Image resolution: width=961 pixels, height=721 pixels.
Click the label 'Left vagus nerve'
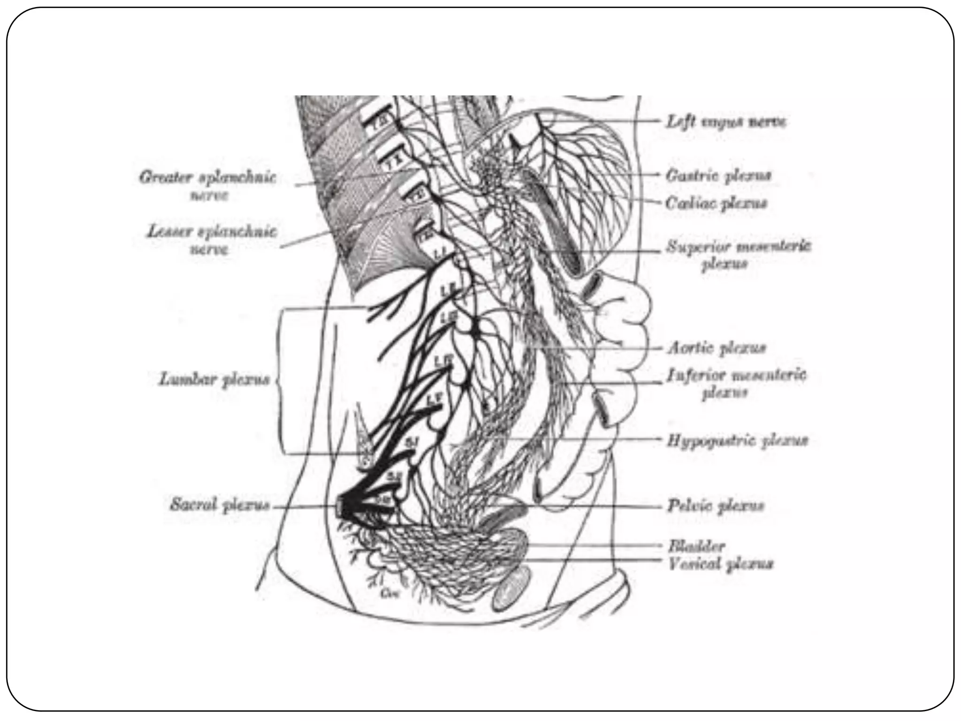point(726,122)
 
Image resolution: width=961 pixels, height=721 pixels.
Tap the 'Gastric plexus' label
point(718,176)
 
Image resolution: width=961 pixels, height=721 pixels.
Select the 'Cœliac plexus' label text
point(717,204)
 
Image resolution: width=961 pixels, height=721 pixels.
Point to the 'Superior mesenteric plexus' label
point(739,255)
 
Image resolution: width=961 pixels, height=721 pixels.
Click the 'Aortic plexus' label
point(717,348)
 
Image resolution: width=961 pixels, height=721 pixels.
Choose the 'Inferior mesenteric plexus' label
point(736,384)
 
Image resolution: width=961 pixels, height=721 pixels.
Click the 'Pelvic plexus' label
point(716,506)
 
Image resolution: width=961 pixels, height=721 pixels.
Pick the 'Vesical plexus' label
point(720,563)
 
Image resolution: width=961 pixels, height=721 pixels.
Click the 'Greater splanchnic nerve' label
point(208,186)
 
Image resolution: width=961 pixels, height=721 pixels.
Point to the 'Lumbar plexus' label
point(214,379)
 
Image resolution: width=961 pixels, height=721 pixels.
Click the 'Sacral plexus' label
point(220,506)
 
